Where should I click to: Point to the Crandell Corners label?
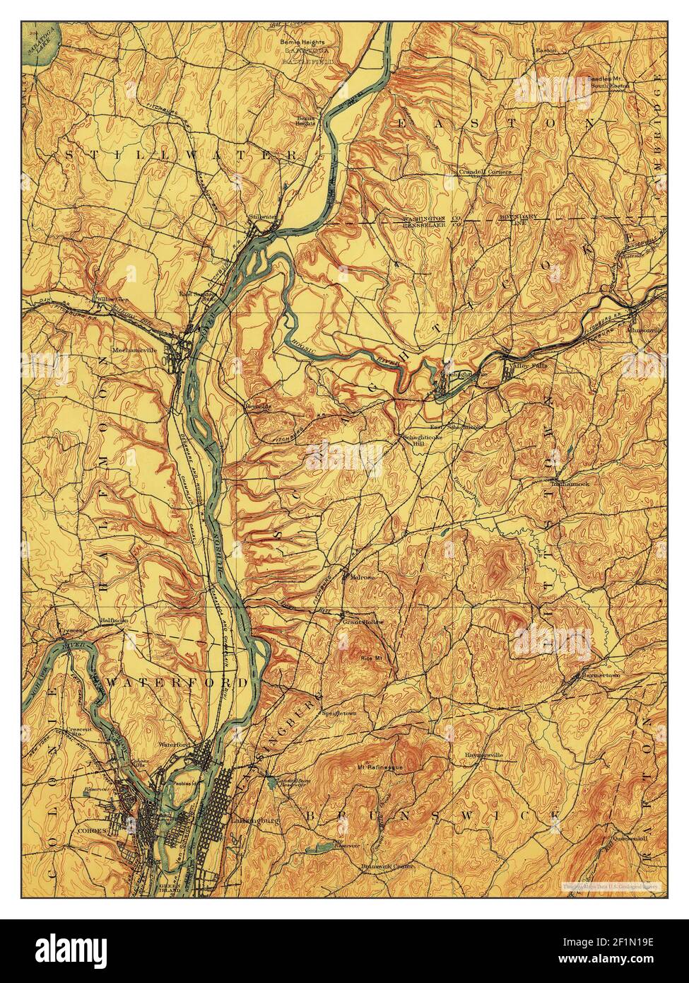click(x=485, y=171)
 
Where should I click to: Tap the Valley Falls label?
click(x=525, y=366)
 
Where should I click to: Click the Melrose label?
click(x=361, y=576)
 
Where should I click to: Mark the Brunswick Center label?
click(x=386, y=866)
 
